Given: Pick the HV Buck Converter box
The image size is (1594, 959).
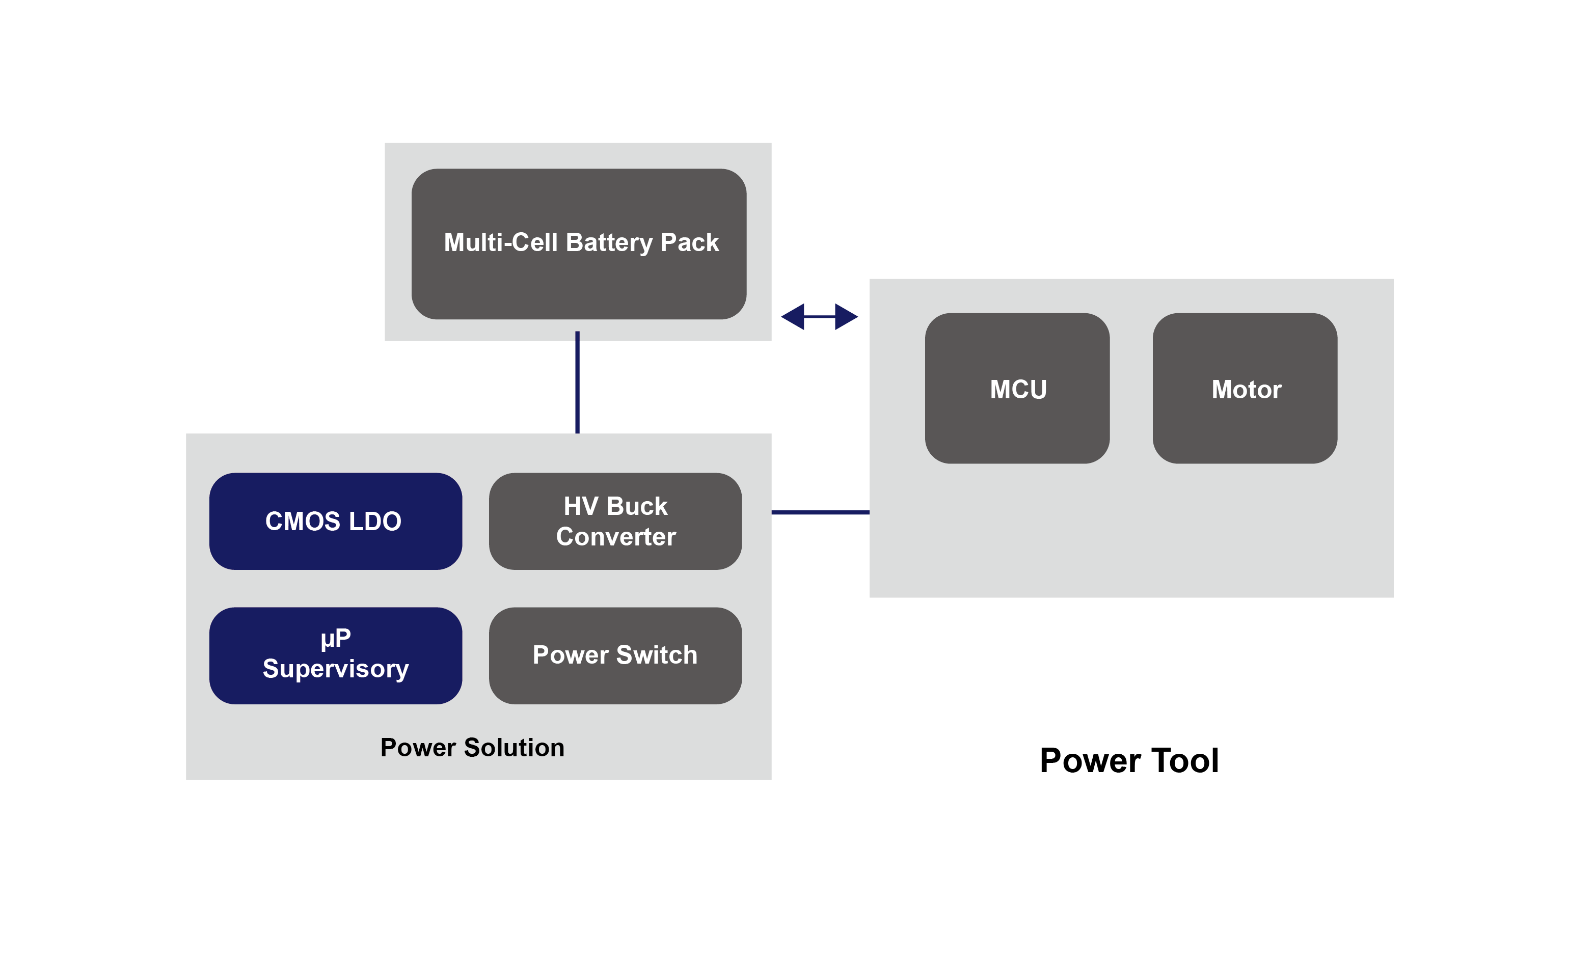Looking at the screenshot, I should tap(615, 521).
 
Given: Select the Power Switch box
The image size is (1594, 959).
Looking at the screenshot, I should tap(615, 654).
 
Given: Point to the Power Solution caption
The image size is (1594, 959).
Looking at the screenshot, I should tap(472, 747).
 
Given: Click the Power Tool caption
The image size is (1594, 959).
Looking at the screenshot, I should tap(1128, 760).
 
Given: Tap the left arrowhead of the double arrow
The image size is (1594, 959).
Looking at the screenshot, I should tap(794, 317).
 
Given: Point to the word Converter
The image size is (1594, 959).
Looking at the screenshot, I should tap(615, 536).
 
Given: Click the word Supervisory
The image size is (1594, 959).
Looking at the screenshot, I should tap(336, 668).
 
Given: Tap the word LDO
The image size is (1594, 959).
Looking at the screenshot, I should tap(375, 521).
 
